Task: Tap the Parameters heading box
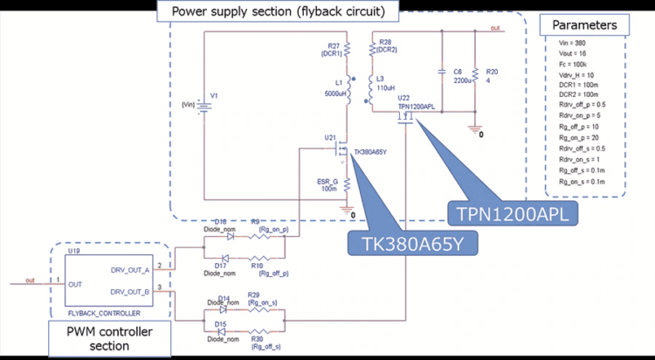585,24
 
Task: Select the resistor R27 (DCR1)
348,50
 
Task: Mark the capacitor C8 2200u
442,77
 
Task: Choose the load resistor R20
475,77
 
